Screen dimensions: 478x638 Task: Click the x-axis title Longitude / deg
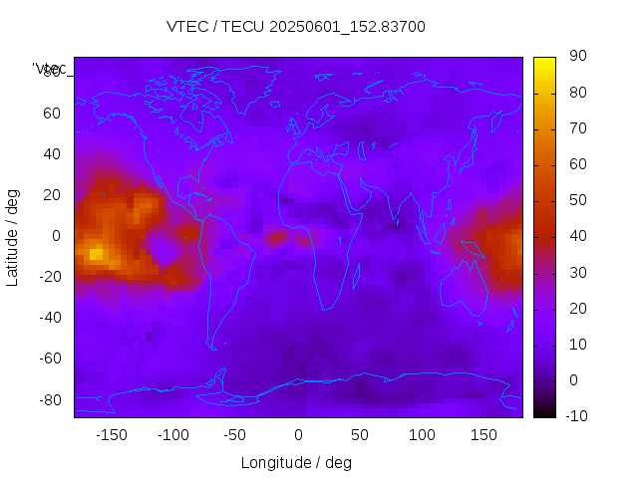click(x=296, y=463)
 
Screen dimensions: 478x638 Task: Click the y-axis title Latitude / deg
click(x=13, y=235)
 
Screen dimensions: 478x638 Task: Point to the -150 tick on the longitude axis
click(x=112, y=435)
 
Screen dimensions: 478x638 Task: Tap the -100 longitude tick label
click(x=173, y=435)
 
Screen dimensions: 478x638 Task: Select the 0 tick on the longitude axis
click(x=298, y=435)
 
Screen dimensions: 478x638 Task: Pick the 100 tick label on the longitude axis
click(x=422, y=435)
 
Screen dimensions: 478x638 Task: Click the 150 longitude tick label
click(x=483, y=435)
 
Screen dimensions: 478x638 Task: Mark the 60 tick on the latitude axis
click(x=51, y=113)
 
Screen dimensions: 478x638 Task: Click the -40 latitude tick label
click(x=48, y=318)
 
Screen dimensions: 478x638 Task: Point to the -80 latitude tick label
click(x=48, y=399)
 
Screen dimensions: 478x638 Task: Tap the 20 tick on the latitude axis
click(x=51, y=194)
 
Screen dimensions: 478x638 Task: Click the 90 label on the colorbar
click(x=576, y=57)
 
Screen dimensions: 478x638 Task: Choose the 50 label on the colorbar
click(x=576, y=200)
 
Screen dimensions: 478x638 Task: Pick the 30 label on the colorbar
click(x=576, y=272)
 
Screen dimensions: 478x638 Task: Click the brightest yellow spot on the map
click(x=96, y=254)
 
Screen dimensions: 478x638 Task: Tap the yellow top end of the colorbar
click(x=544, y=62)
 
